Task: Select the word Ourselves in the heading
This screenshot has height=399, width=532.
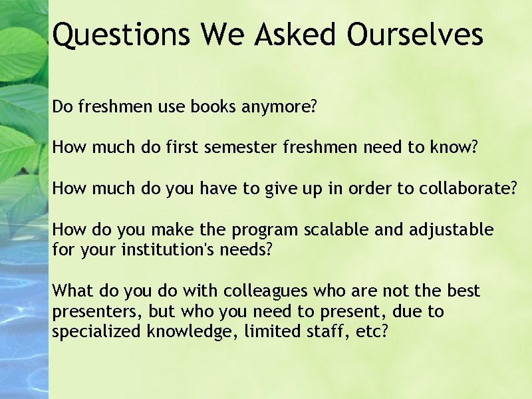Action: pos(415,35)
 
